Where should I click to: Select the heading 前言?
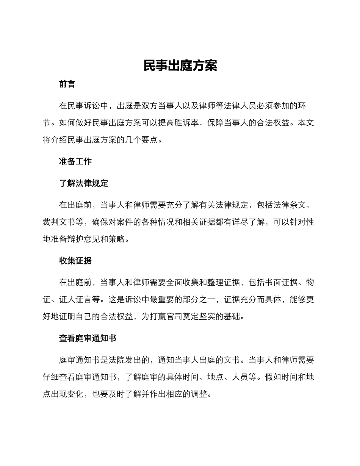click(x=67, y=84)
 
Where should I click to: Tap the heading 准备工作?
click(x=75, y=161)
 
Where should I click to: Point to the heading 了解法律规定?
click(x=83, y=183)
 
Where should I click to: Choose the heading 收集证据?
click(x=75, y=261)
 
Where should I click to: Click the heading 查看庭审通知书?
click(x=88, y=338)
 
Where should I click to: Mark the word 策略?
click(x=125, y=239)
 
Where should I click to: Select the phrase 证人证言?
click(x=80, y=300)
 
